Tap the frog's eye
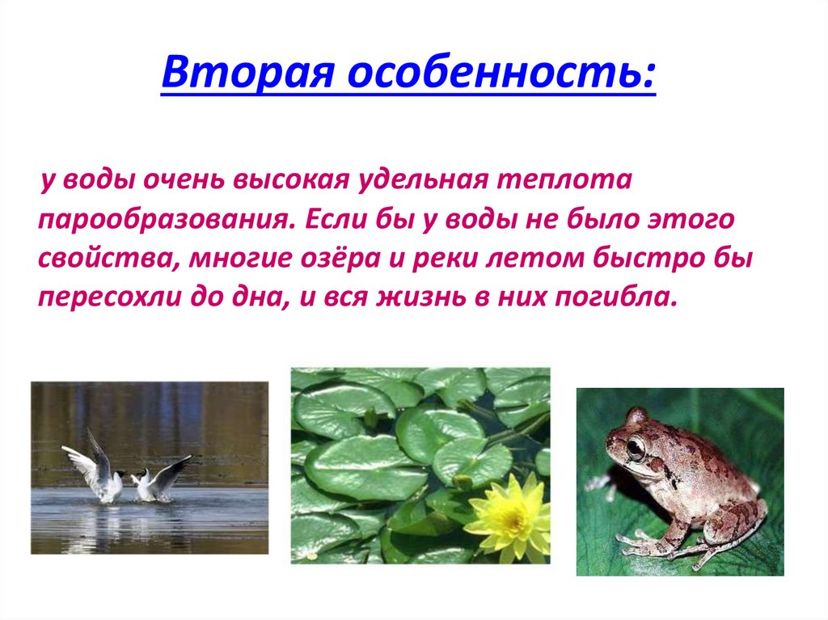[x=636, y=447]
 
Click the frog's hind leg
[x=740, y=525]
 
